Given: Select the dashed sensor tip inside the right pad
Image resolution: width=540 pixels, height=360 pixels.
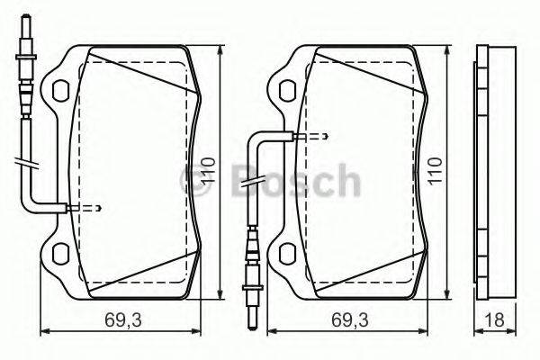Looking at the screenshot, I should coord(314,138).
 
